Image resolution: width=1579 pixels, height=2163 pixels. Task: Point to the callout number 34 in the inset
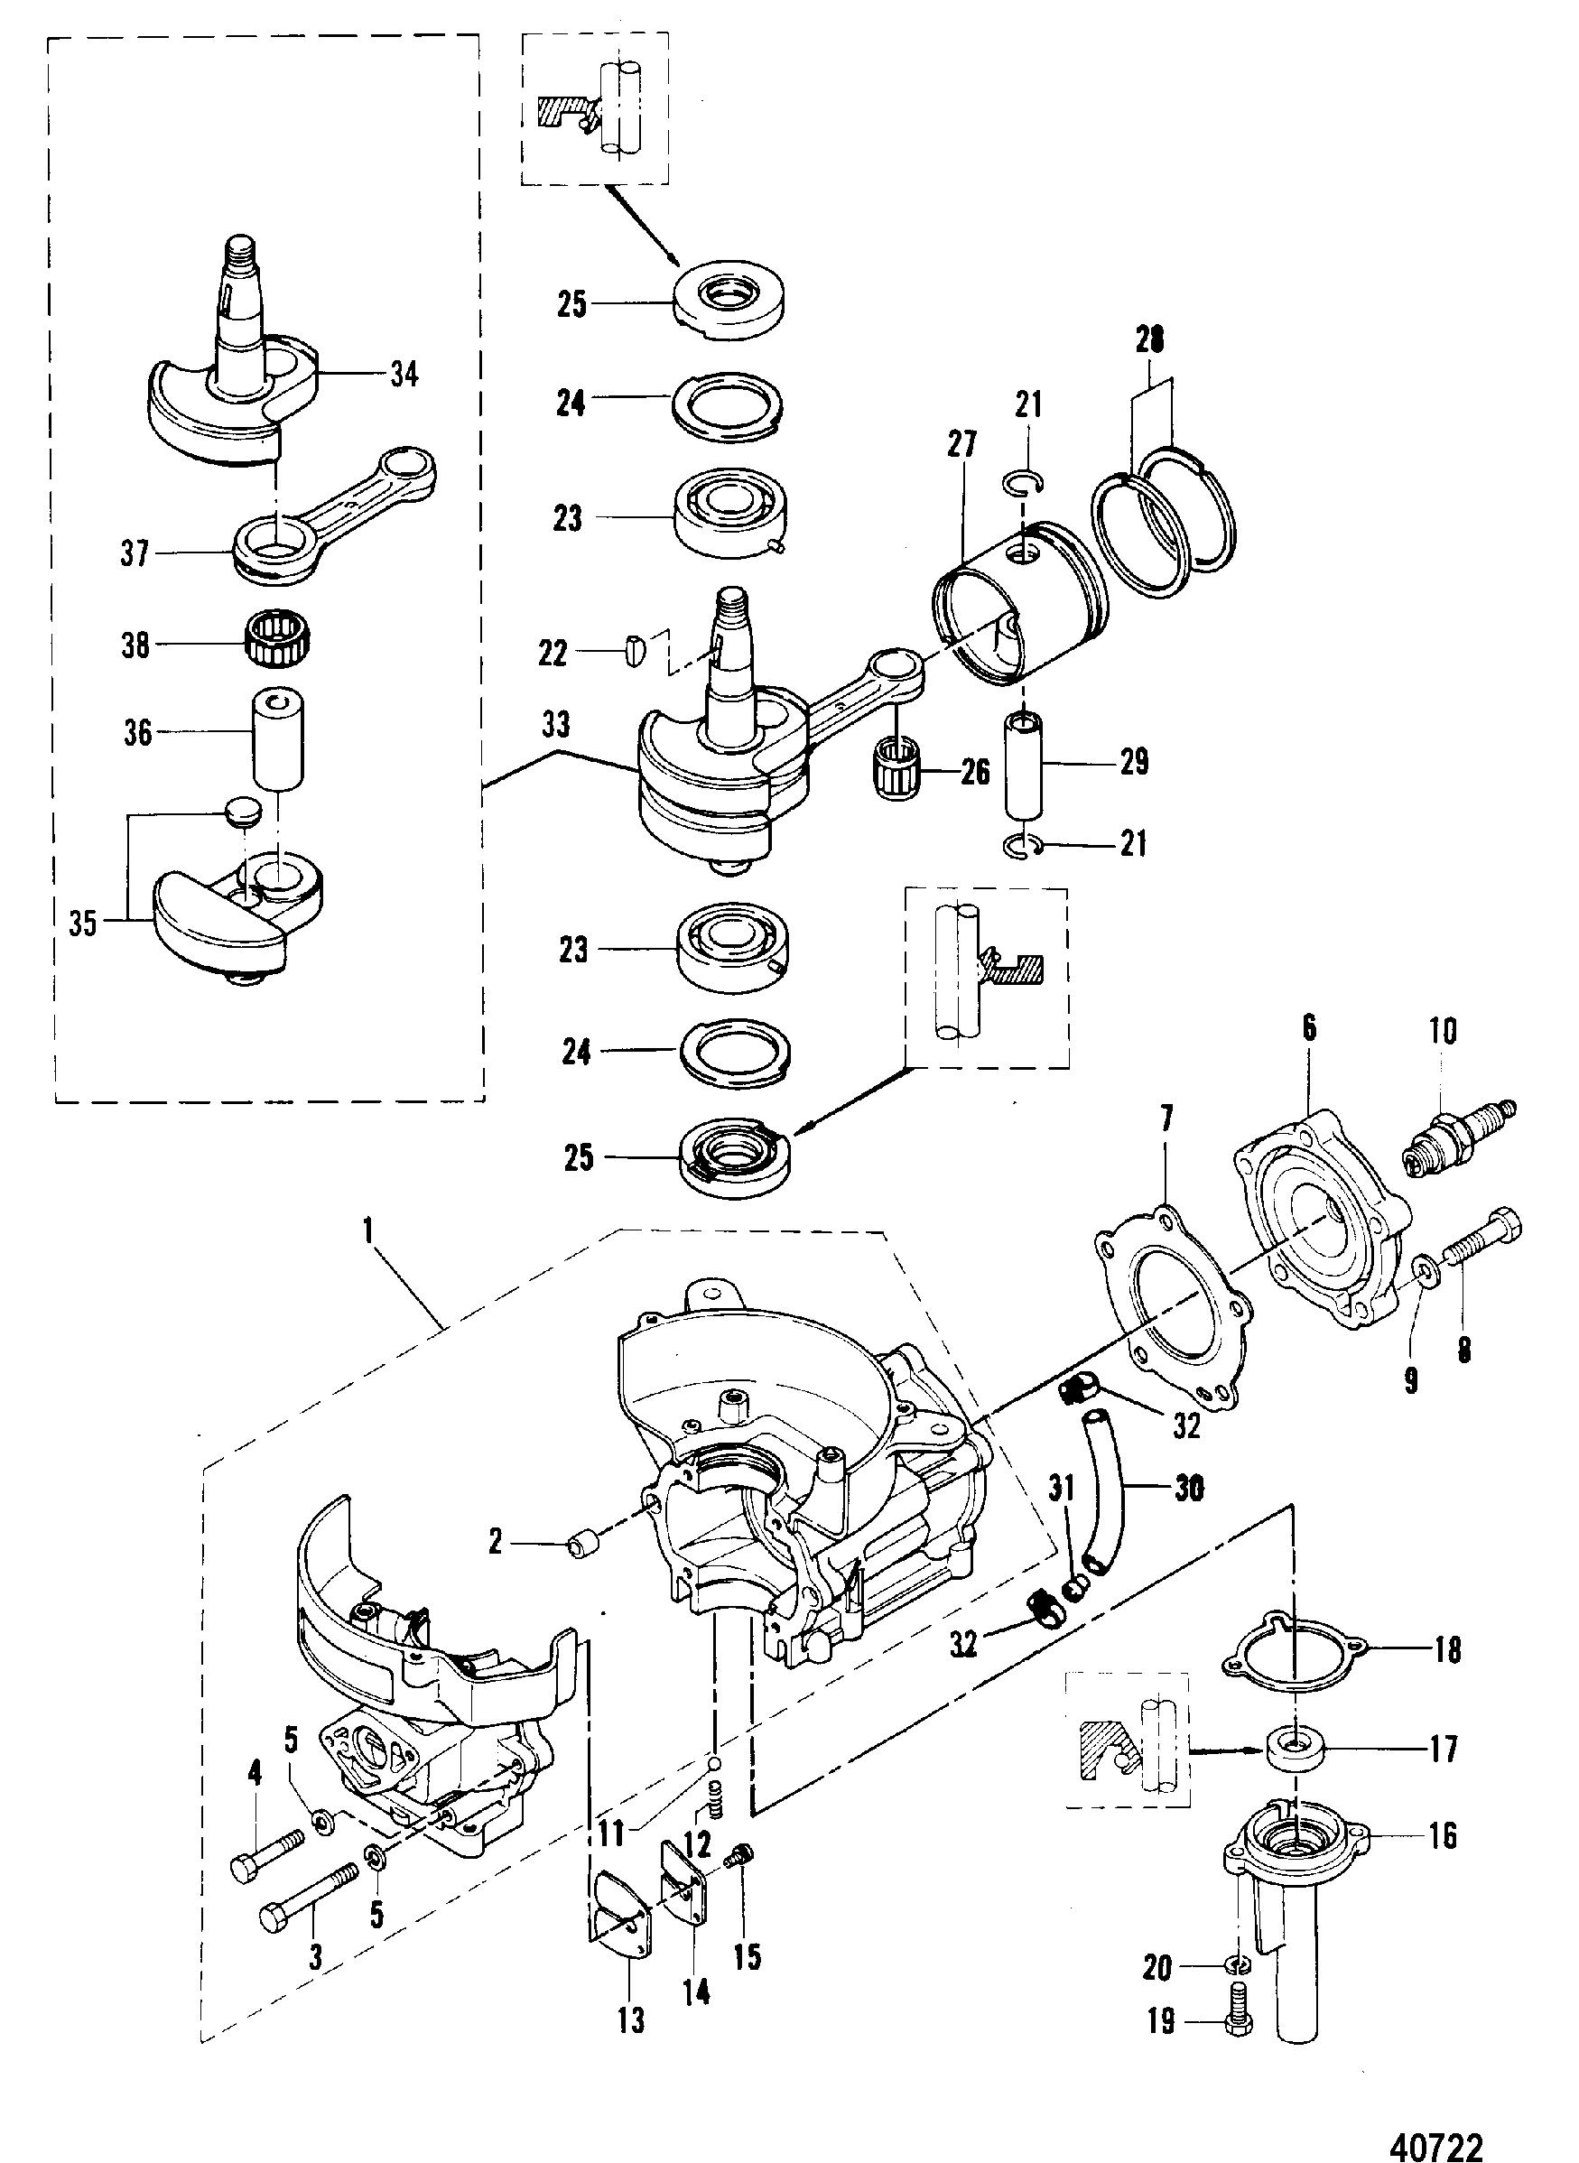[403, 374]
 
